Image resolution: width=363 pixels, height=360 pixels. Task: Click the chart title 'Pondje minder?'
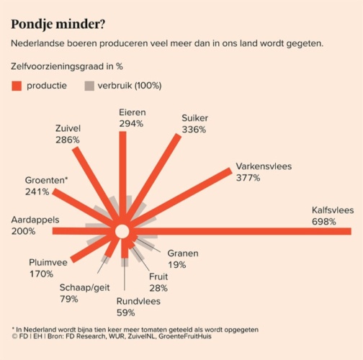[x=58, y=24]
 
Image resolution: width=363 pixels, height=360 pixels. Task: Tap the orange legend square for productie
[x=17, y=86]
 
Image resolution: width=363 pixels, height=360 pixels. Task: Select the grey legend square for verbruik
[x=90, y=86]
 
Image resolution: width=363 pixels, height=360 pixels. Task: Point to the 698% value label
[x=323, y=221]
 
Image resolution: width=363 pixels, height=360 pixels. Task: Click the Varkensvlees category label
[x=263, y=166]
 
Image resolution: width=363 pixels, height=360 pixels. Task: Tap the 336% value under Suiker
[x=194, y=130]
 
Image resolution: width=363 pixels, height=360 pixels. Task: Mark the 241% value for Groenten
[x=36, y=192]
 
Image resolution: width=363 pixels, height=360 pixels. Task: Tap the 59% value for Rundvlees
[x=125, y=312]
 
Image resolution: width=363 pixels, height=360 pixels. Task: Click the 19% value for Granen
[x=176, y=265]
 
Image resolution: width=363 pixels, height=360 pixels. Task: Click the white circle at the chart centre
[x=122, y=231]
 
